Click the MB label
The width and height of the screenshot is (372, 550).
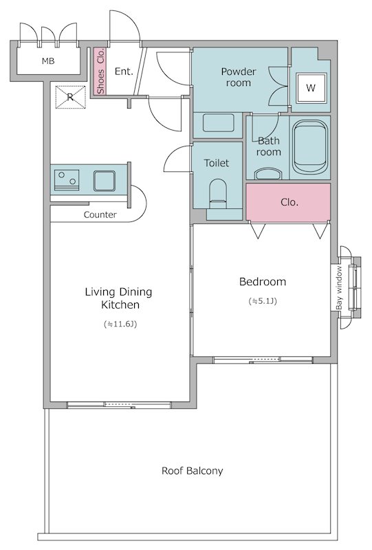click(48, 61)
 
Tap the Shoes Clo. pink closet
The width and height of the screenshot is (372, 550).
click(100, 71)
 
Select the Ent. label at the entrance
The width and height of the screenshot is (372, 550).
click(124, 71)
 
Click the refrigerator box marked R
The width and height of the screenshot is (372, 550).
click(70, 97)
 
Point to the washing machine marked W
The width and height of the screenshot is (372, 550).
click(311, 88)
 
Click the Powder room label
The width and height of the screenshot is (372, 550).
click(239, 77)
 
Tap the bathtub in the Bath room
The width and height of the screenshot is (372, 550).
click(309, 147)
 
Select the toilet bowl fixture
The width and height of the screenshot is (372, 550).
click(218, 195)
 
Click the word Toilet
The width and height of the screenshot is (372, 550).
click(217, 163)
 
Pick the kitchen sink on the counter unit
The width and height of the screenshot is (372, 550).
click(105, 181)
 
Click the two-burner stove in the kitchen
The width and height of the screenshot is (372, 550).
click(66, 179)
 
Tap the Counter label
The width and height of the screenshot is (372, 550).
click(100, 214)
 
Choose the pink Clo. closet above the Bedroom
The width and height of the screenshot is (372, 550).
click(288, 202)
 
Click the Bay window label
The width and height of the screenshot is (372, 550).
click(339, 288)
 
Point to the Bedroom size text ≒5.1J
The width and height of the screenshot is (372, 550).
click(263, 301)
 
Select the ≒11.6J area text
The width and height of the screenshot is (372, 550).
click(120, 324)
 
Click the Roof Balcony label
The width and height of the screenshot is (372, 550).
click(192, 471)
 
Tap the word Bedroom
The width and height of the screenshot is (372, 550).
click(263, 282)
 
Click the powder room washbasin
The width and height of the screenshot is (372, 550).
click(218, 123)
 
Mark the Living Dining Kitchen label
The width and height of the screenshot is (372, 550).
click(119, 298)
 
